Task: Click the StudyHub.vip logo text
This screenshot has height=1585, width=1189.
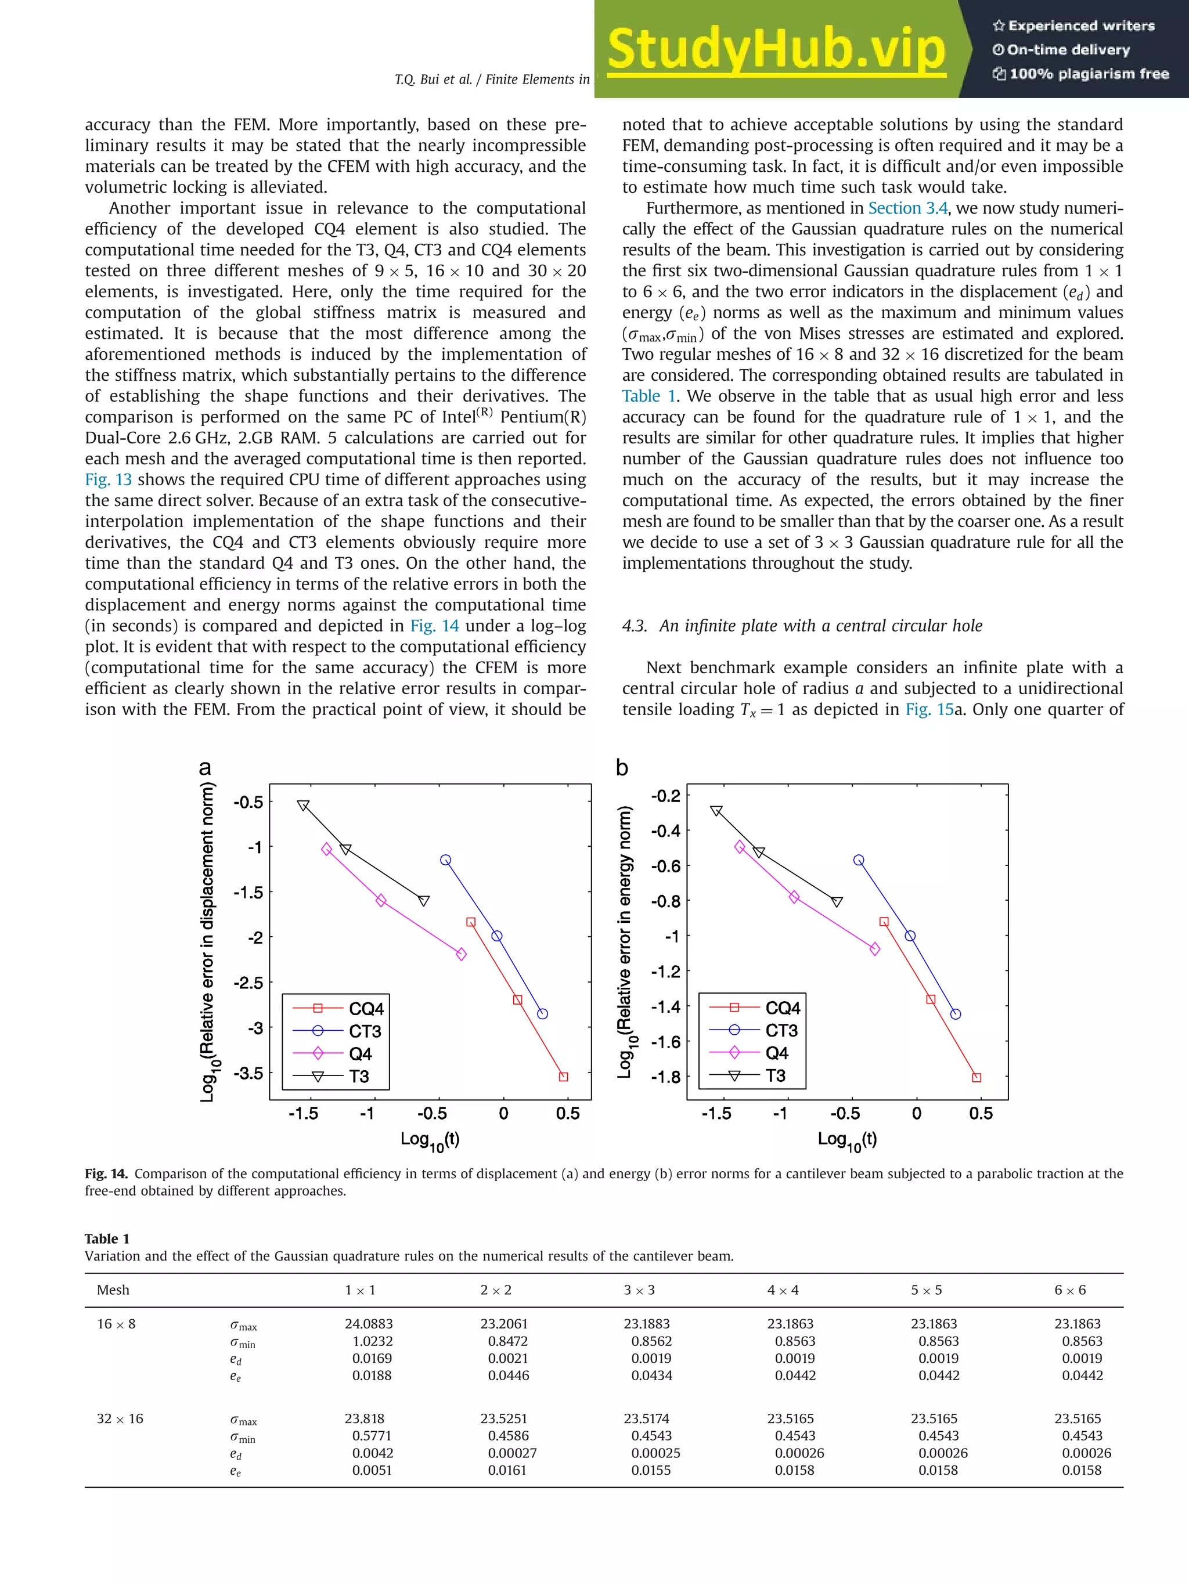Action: (x=776, y=49)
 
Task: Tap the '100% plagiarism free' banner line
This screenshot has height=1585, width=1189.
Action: (x=1081, y=74)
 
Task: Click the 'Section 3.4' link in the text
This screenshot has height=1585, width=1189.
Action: (x=907, y=208)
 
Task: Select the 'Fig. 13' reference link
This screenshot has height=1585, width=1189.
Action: (x=108, y=480)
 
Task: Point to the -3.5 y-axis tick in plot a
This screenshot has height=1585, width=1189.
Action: (x=248, y=1073)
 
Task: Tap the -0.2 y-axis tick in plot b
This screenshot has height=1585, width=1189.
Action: (x=665, y=796)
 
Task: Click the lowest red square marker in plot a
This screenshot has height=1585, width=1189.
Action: (x=563, y=1076)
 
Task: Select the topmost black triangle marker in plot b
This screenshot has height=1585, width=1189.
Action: (x=716, y=811)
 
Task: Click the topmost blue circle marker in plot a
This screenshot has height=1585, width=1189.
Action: (x=446, y=860)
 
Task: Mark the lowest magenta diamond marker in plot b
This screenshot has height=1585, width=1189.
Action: (x=874, y=949)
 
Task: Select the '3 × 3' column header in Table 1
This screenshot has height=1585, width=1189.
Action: (x=639, y=1290)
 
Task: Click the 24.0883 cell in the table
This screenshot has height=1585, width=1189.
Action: (x=369, y=1324)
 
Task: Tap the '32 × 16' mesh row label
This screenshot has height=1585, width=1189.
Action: (x=120, y=1419)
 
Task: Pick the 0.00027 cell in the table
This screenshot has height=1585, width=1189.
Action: (x=511, y=1453)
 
